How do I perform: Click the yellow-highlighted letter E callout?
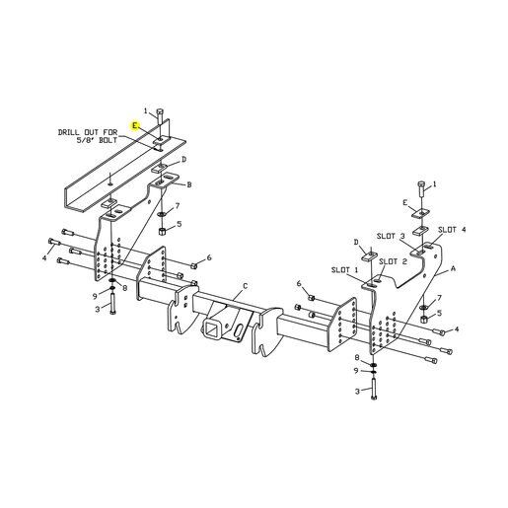coord(135,125)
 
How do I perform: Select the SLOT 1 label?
coord(344,270)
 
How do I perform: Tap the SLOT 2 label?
coord(393,261)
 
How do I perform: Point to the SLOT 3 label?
coord(391,236)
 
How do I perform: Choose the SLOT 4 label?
coord(452,230)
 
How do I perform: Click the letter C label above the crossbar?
coord(245,286)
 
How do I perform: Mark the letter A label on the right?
coord(453,268)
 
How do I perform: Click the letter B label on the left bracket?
coord(189,184)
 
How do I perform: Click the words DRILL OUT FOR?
coord(88,132)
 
